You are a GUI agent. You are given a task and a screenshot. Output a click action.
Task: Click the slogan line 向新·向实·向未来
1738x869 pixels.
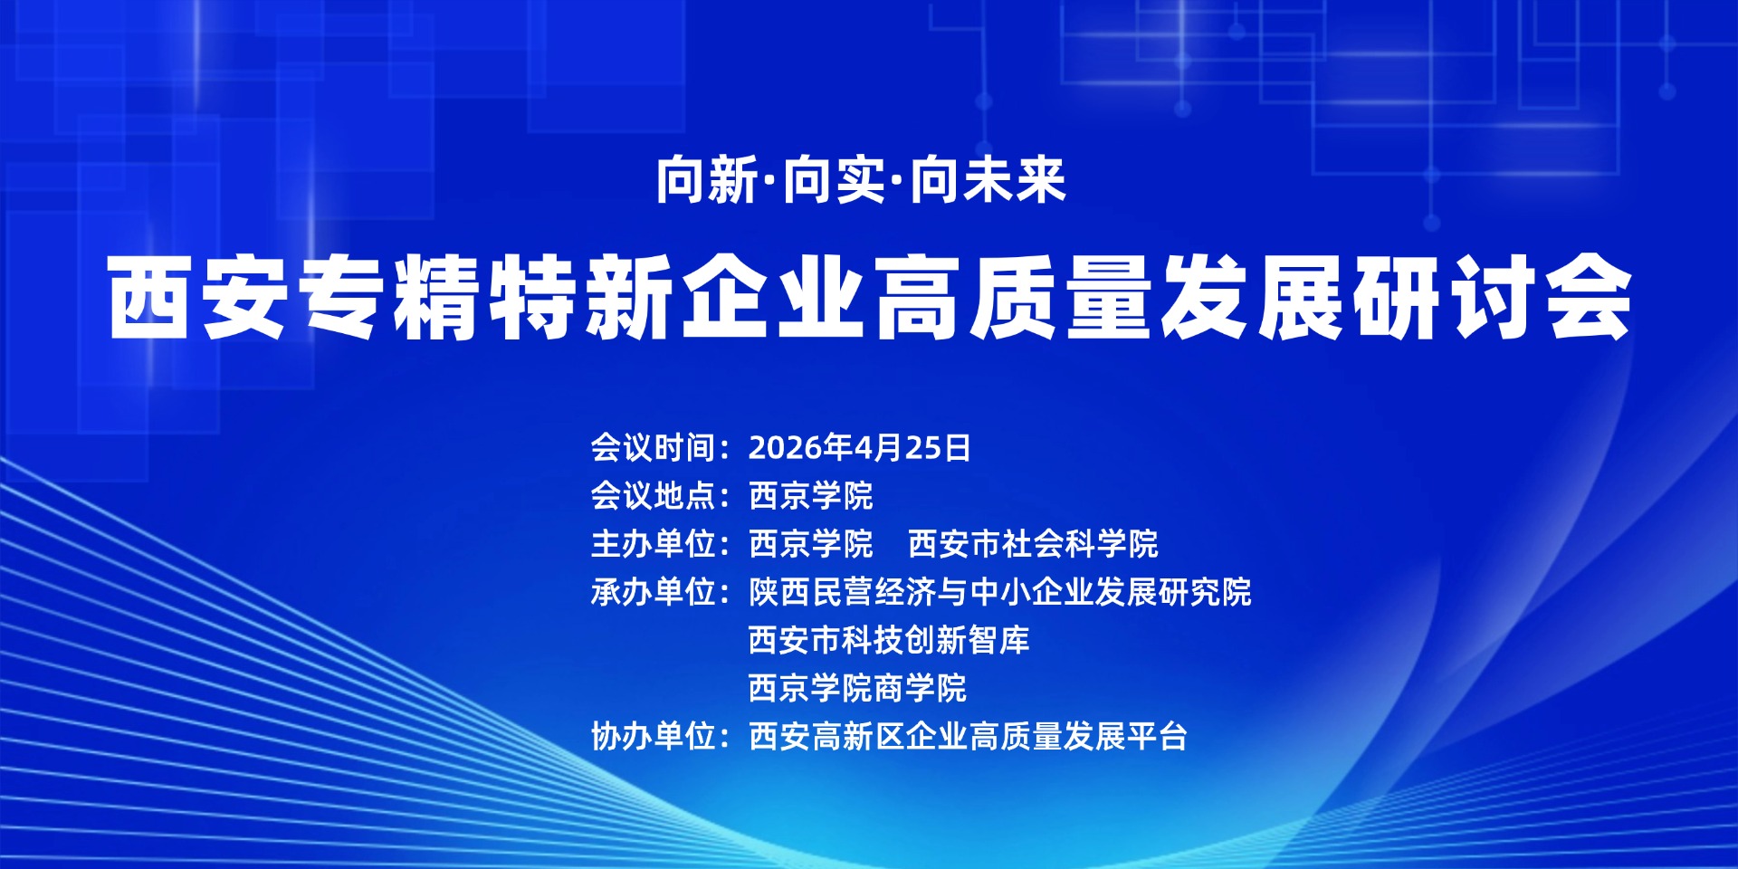pyautogui.click(x=861, y=181)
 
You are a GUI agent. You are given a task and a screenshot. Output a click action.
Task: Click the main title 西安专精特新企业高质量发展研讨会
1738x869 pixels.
pyautogui.click(x=870, y=298)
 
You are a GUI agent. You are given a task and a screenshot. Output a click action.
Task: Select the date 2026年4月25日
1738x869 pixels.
pyautogui.click(x=859, y=447)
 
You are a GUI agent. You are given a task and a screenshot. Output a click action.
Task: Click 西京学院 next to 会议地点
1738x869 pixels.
pyautogui.click(x=811, y=495)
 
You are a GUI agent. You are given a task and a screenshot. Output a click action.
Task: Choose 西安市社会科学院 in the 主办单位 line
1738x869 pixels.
pyautogui.click(x=1033, y=543)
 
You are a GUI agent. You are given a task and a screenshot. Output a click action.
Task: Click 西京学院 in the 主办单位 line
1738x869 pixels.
pyautogui.click(x=811, y=543)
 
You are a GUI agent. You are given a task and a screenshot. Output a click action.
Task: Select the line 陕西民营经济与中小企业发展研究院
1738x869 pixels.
pyautogui.click(x=1000, y=592)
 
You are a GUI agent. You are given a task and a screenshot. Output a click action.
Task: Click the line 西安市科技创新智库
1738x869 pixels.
pyautogui.click(x=889, y=640)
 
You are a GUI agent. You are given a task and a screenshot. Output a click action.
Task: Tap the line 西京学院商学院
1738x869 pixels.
pyautogui.click(x=857, y=688)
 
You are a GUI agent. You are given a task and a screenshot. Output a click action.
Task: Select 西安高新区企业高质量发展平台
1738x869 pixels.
pyautogui.click(x=968, y=736)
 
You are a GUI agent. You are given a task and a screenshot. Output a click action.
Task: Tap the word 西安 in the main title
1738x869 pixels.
pyautogui.click(x=199, y=298)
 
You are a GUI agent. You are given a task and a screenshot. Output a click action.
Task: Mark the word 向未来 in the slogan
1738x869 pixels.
pyautogui.click(x=988, y=181)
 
